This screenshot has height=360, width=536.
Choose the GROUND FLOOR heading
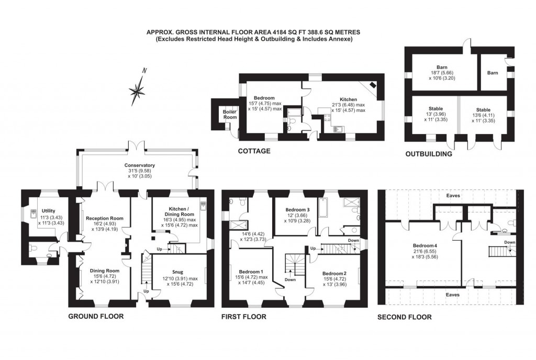click(96, 317)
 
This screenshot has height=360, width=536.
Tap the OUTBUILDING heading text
click(429, 154)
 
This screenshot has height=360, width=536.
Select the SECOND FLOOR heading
click(405, 317)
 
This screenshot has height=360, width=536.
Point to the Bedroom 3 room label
click(297, 210)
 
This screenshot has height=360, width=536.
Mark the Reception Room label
click(104, 219)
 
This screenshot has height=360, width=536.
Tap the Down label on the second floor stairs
click(509, 242)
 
